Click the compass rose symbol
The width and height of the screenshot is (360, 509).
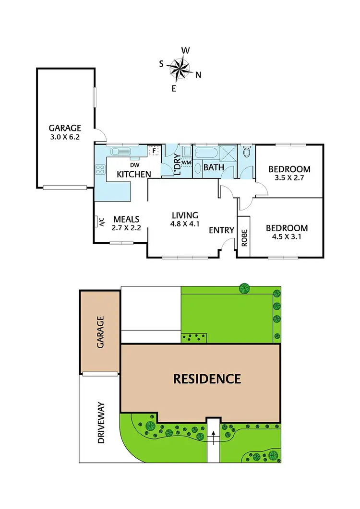tap(180, 68)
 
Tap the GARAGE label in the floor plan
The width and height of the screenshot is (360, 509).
tap(65, 128)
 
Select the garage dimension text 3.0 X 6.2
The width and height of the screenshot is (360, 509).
tap(65, 136)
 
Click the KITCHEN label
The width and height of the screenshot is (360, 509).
tap(134, 174)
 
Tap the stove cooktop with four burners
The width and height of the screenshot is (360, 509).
tap(100, 169)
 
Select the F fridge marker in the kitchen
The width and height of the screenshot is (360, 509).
tap(154, 151)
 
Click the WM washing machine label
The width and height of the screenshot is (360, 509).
tap(187, 162)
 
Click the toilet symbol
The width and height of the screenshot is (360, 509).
tap(247, 152)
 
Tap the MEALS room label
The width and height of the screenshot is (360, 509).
tap(126, 220)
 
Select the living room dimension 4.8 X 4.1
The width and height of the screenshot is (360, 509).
tap(185, 224)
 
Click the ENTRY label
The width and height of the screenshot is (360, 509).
tap(221, 230)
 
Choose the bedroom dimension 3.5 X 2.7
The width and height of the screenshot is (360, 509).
tap(289, 178)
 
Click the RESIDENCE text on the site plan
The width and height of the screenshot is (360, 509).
tap(206, 379)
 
